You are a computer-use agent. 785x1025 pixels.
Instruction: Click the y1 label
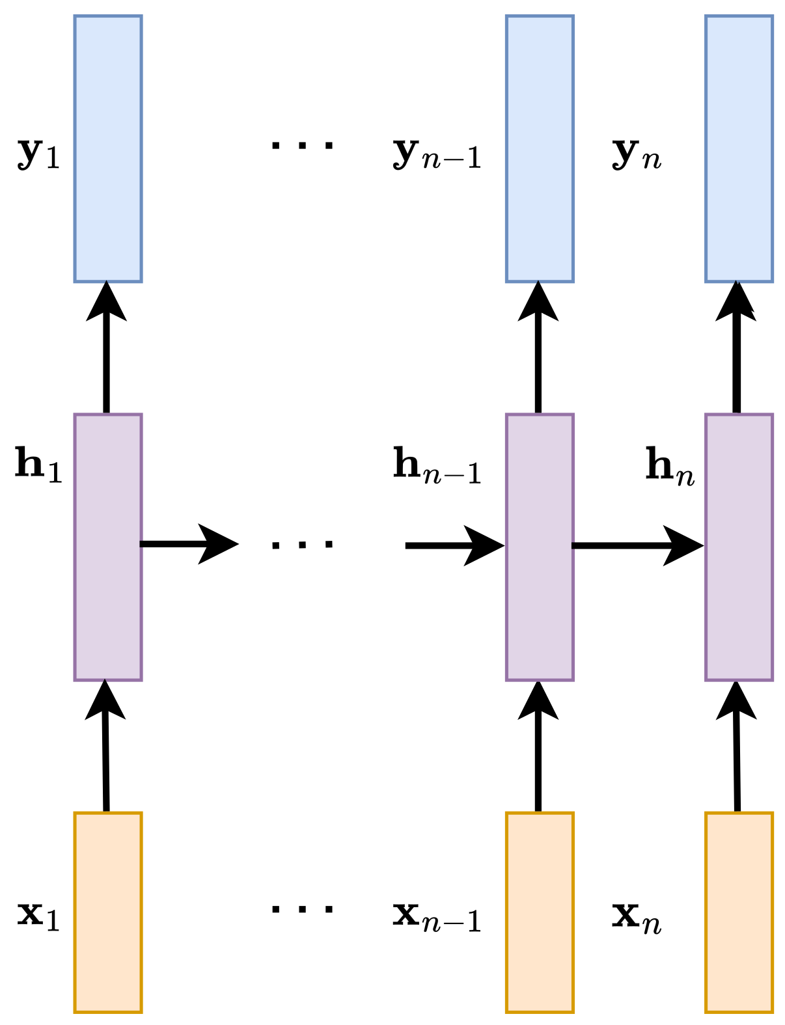click(38, 154)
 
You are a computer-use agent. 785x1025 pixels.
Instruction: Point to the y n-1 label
click(437, 154)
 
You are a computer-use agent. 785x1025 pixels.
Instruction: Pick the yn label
click(637, 154)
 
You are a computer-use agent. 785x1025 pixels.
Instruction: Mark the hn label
click(670, 467)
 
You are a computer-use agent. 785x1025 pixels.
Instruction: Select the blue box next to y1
click(108, 149)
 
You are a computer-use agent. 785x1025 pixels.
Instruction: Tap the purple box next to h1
click(108, 547)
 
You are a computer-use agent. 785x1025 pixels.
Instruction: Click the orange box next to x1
click(108, 912)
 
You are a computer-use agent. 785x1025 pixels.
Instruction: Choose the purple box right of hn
click(739, 547)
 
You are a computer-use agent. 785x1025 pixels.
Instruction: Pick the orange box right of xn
click(739, 912)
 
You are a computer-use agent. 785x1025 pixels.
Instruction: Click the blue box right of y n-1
click(540, 149)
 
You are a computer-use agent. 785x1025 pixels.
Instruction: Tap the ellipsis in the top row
click(303, 145)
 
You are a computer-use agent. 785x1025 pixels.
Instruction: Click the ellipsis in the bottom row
click(303, 908)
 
